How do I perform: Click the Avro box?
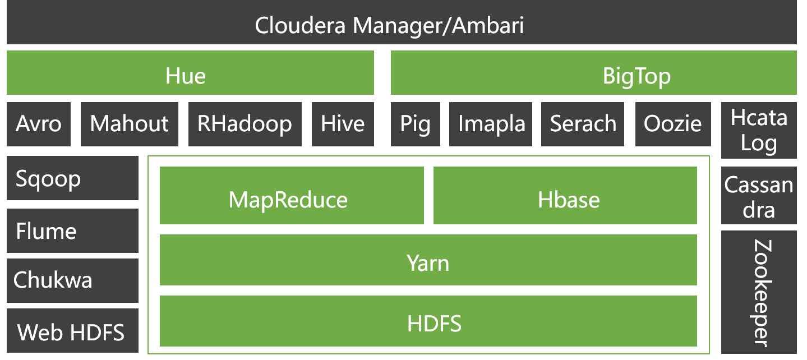pos(39,124)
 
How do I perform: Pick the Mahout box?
pos(130,124)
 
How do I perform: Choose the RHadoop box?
pos(245,124)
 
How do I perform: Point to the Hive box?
pos(343,124)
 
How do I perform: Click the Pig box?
pos(416,124)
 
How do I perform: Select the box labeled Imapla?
pos(491,124)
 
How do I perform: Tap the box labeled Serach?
pos(583,124)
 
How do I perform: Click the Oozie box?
pos(673,124)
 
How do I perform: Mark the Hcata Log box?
pos(759,130)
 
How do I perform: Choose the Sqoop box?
pos(72,178)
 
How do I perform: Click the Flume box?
pos(72,230)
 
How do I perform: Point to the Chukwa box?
pos(72,280)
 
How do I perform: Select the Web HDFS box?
pos(72,331)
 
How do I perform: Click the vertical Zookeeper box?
pos(759,292)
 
